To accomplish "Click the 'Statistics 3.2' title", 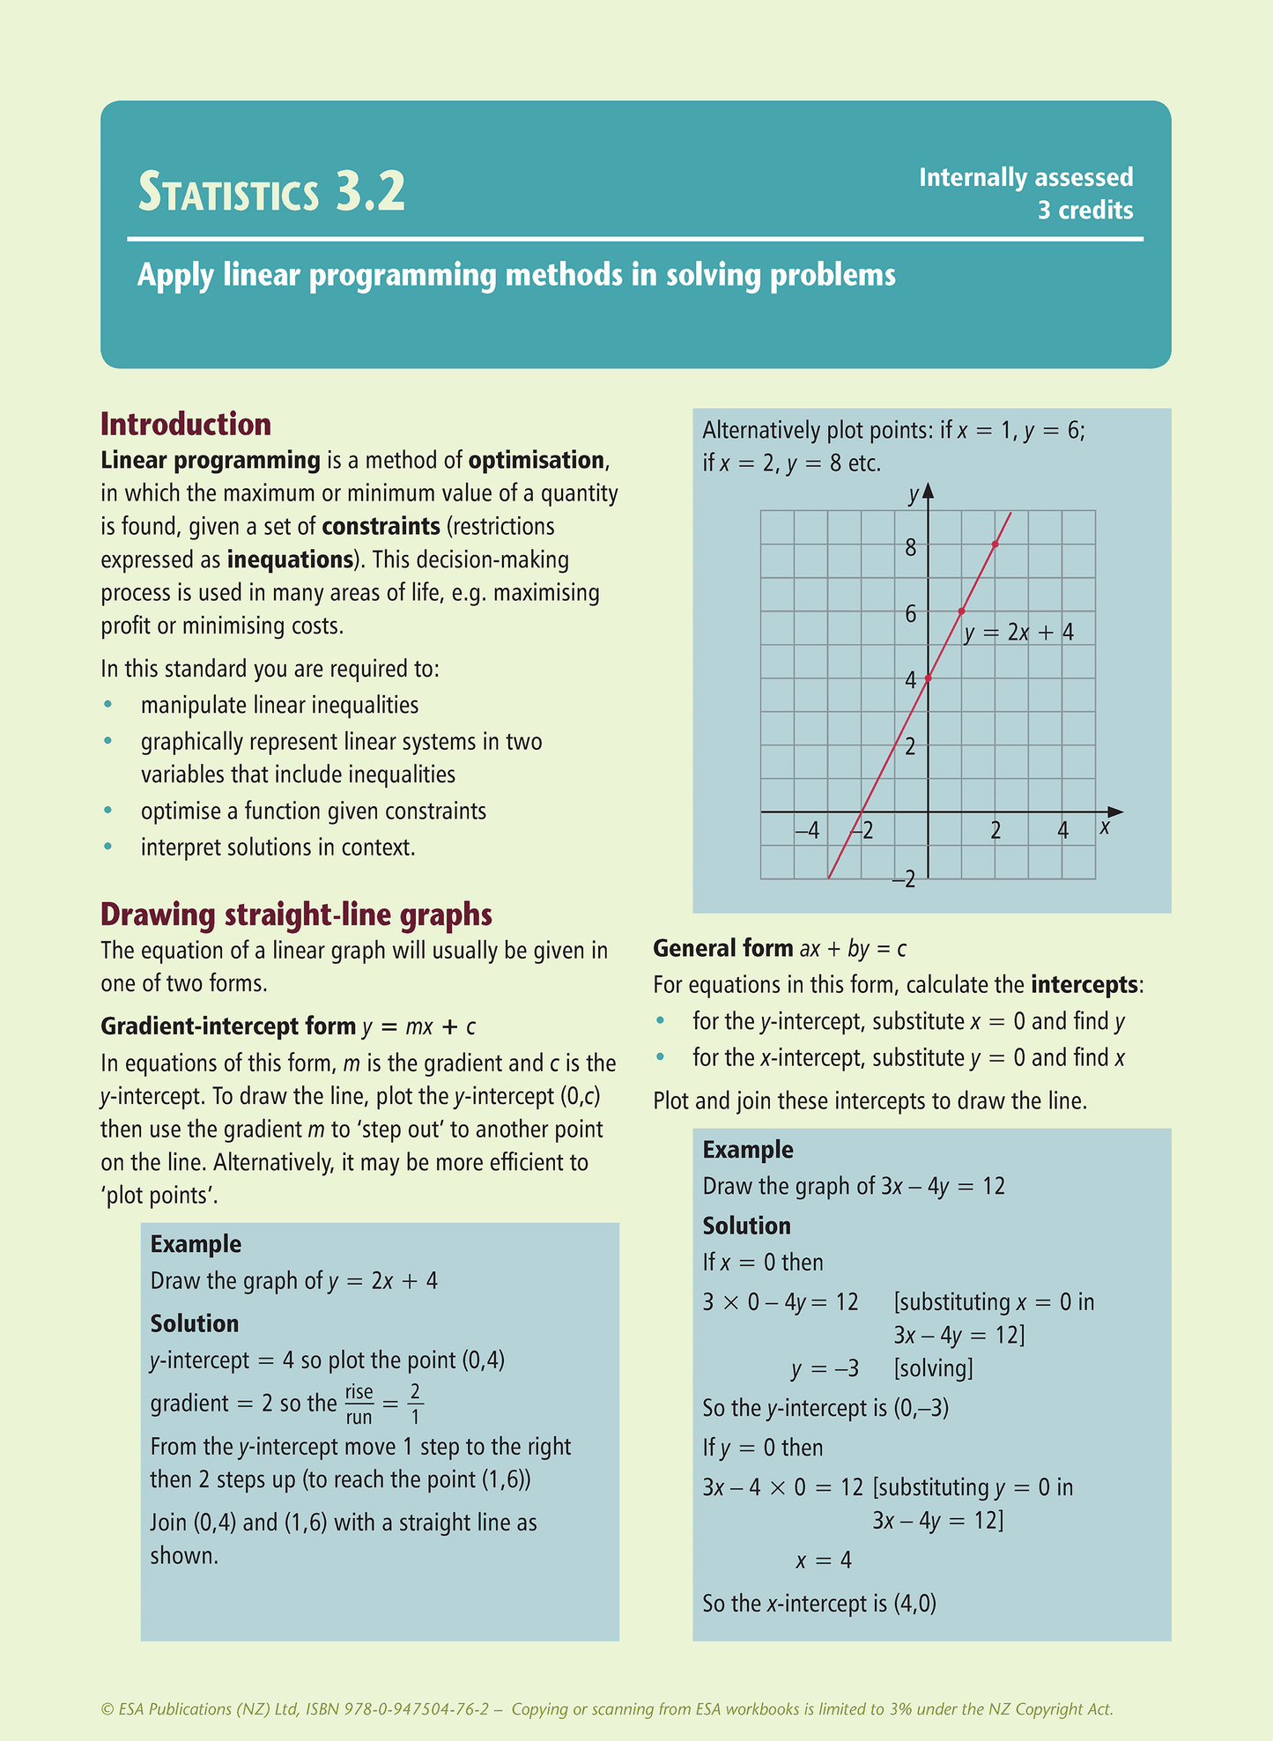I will (x=271, y=192).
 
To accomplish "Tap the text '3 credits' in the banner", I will (x=1084, y=211).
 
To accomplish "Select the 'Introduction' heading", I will (x=186, y=425).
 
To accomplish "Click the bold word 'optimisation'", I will (x=537, y=461).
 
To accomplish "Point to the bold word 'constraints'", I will (x=381, y=527).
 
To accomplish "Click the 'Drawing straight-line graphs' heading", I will (x=296, y=915).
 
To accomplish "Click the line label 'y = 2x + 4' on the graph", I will (x=1018, y=633).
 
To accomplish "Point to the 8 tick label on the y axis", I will (x=910, y=547).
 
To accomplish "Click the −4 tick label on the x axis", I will (x=806, y=830).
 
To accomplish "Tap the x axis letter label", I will (x=1105, y=828).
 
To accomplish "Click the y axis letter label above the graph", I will (x=914, y=494).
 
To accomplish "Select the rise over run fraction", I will (x=359, y=1404).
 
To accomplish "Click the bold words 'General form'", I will (x=723, y=949).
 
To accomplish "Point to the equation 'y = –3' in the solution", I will (x=825, y=1369).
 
